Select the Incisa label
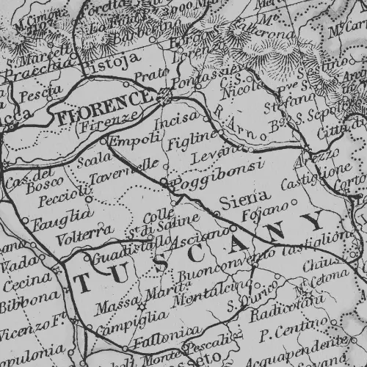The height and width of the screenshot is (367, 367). tap(182, 118)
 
